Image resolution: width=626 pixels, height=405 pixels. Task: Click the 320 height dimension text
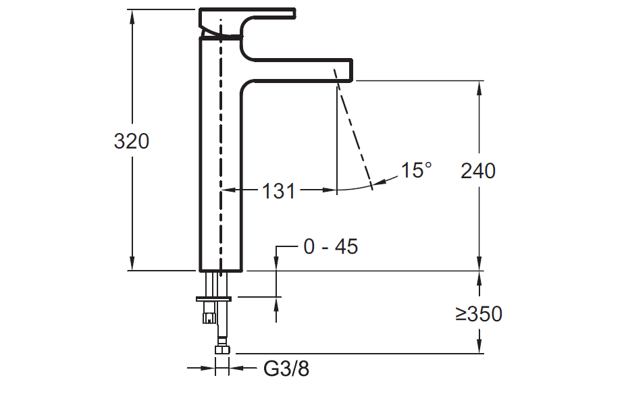[x=132, y=142]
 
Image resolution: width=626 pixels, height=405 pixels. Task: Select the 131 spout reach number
[x=279, y=192]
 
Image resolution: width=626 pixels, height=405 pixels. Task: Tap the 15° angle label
[x=416, y=170]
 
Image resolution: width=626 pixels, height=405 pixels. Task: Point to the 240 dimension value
[x=478, y=171]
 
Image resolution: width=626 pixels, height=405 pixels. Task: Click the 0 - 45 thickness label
[x=330, y=247]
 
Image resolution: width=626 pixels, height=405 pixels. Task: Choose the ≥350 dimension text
[x=478, y=314]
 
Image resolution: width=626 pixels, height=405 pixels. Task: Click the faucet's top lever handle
[x=248, y=14]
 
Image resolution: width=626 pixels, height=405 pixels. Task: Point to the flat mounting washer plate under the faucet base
[x=213, y=297]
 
